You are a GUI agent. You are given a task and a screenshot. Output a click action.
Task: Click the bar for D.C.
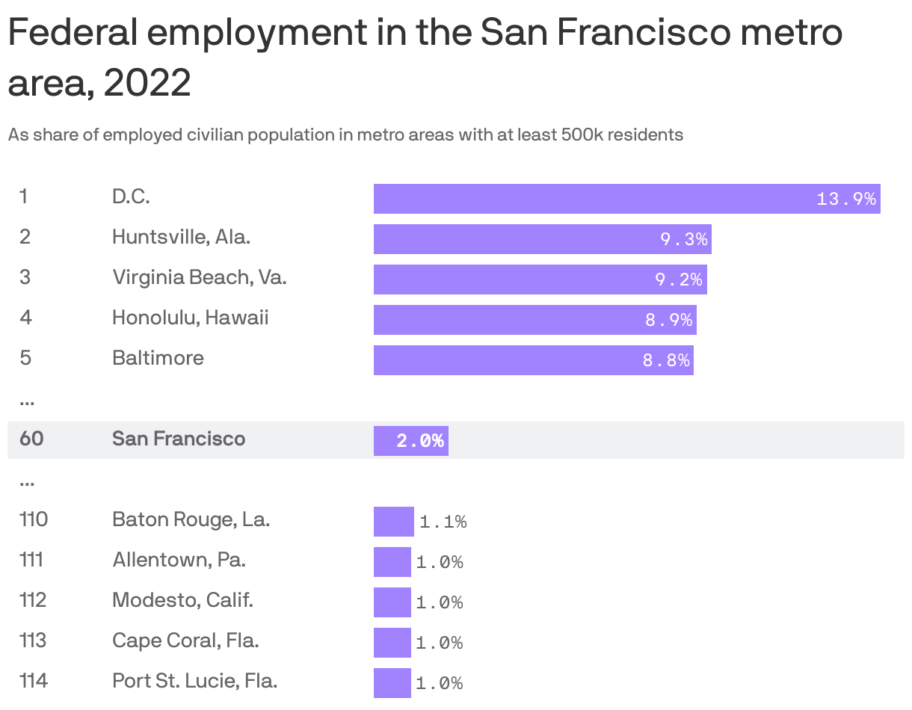pyautogui.click(x=626, y=199)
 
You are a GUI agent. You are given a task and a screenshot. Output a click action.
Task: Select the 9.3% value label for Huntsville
pyautogui.click(x=683, y=239)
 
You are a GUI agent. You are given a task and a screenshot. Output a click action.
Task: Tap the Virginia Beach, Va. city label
pyautogui.click(x=200, y=277)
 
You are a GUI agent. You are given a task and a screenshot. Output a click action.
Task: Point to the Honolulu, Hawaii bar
pyautogui.click(x=534, y=320)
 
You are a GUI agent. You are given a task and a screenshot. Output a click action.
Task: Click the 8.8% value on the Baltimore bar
pyautogui.click(x=666, y=360)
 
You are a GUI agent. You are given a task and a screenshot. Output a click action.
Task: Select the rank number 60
pyautogui.click(x=31, y=439)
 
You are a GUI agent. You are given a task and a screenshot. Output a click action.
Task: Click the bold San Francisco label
pyautogui.click(x=179, y=439)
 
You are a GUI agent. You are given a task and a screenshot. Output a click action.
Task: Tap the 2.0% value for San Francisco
pyautogui.click(x=420, y=441)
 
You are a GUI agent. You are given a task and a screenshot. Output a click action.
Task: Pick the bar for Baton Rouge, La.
pyautogui.click(x=393, y=522)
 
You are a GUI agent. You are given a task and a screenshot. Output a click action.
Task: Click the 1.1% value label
pyautogui.click(x=443, y=522)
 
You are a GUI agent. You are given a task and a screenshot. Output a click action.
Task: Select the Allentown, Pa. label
pyautogui.click(x=179, y=560)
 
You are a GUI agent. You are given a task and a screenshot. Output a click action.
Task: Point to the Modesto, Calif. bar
pyautogui.click(x=392, y=602)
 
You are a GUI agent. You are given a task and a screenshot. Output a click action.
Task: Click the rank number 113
pyautogui.click(x=33, y=640)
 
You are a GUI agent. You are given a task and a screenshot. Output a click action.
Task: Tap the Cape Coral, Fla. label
pyautogui.click(x=185, y=640)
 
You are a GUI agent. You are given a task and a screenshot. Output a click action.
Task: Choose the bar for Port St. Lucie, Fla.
pyautogui.click(x=392, y=683)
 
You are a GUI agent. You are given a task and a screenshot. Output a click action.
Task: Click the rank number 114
pyautogui.click(x=33, y=681)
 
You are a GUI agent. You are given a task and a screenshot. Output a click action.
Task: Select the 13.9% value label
pyautogui.click(x=846, y=199)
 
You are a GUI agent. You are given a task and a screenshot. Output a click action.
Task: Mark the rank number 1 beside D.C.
pyautogui.click(x=24, y=197)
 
